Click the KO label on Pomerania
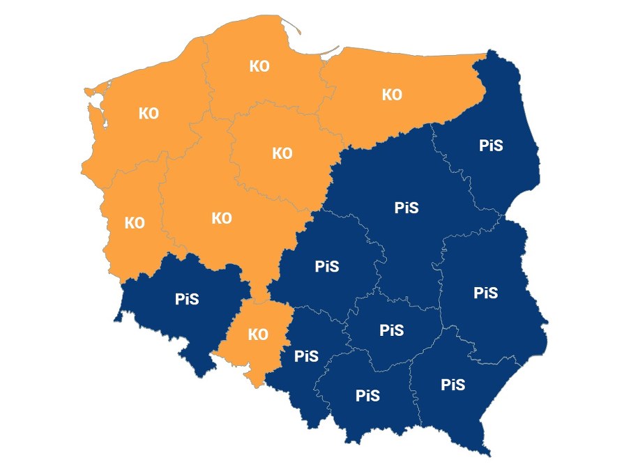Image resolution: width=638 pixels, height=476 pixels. [x=259, y=66]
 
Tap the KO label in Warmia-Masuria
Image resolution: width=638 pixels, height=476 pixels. [x=392, y=95]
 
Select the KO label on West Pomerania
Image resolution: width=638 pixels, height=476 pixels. [x=149, y=114]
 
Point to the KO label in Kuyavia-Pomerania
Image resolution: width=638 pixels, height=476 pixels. [x=282, y=153]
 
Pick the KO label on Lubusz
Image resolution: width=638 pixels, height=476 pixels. [x=134, y=223]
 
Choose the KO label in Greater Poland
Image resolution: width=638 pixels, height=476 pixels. [x=221, y=218]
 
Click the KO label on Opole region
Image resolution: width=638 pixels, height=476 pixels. [x=258, y=335]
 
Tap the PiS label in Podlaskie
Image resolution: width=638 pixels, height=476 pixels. [x=491, y=146]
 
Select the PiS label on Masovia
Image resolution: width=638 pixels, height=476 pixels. [x=406, y=208]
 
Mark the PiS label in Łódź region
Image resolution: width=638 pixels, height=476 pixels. [x=326, y=266]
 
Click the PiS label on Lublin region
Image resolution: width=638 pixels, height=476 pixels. [x=485, y=292]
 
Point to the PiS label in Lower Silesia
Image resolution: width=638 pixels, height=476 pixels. [x=187, y=299]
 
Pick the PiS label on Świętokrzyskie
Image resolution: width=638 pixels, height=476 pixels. [x=391, y=330]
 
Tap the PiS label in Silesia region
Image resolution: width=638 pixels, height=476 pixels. [x=306, y=356]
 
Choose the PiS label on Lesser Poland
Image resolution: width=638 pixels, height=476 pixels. [x=367, y=396]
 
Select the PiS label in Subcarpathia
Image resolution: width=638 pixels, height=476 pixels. [x=453, y=384]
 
